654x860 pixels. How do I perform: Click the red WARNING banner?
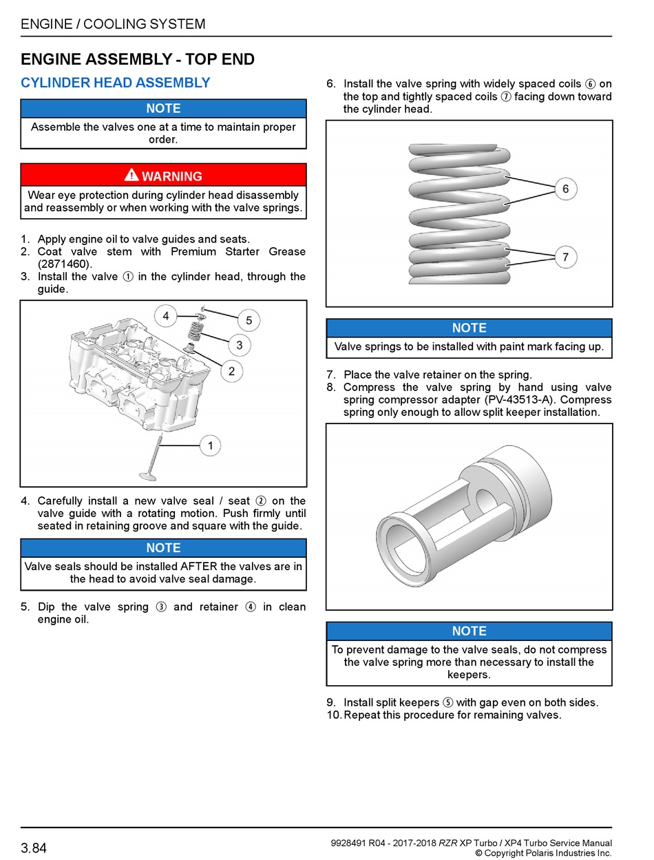click(163, 176)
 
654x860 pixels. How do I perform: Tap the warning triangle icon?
click(131, 175)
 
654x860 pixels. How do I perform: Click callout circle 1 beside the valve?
click(210, 445)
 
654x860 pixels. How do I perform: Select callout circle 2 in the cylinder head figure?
click(231, 371)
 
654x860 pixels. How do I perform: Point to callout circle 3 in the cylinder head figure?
click(239, 345)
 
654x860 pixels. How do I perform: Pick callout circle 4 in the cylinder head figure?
click(165, 317)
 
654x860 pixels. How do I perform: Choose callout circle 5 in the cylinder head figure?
click(249, 320)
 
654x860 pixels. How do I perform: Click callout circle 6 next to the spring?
click(565, 189)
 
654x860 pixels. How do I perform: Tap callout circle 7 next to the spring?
click(565, 258)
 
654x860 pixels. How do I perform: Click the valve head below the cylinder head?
click(147, 474)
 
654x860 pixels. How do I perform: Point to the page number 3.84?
click(34, 848)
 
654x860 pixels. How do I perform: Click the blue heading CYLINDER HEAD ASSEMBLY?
click(116, 83)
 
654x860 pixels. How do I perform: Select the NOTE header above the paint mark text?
click(469, 328)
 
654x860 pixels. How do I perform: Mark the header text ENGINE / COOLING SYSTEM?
click(114, 24)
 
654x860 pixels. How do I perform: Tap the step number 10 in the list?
click(333, 715)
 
